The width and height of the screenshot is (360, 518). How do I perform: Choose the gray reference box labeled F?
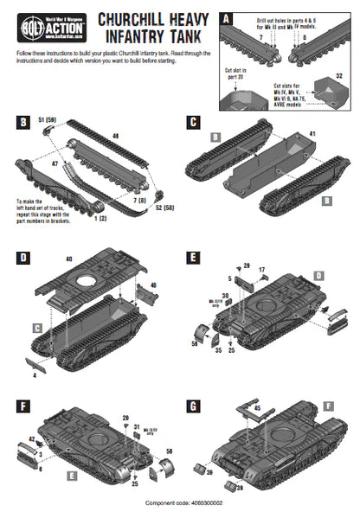pyautogui.click(x=328, y=405)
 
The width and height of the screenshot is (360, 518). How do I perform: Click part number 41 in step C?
pyautogui.click(x=312, y=134)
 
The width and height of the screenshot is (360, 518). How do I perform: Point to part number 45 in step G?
pyautogui.click(x=256, y=406)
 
